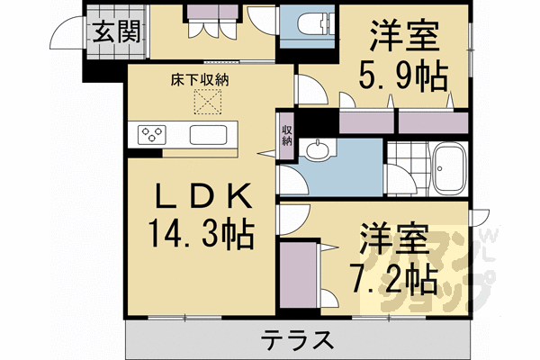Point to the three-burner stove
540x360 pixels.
pyautogui.click(x=152, y=135)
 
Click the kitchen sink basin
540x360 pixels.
pyautogui.click(x=209, y=136)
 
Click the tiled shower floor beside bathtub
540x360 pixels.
pyautogui.click(x=405, y=167)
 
